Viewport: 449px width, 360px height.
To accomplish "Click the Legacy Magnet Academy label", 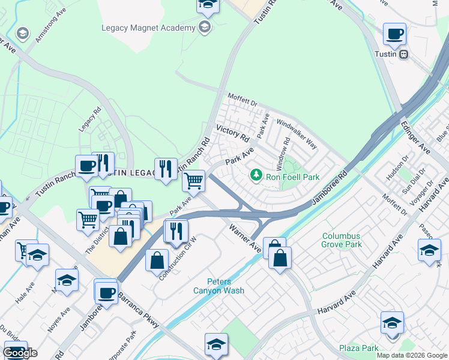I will pos(148,28).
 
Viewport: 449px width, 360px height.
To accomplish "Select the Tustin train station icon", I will pos(404,54).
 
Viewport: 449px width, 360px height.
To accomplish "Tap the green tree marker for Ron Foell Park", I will pos(256,175).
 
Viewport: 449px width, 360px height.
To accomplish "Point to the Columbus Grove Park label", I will pos(342,240).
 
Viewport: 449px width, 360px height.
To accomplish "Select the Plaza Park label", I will pos(358,348).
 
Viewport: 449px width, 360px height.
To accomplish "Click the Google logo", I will pos(20,353).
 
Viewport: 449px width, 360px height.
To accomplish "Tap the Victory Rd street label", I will pos(232,133).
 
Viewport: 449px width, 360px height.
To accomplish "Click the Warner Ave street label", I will pos(246,238).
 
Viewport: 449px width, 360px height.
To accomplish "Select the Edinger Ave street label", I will pos(416,138).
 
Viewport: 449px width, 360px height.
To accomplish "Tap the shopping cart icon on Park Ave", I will pos(193,180).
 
